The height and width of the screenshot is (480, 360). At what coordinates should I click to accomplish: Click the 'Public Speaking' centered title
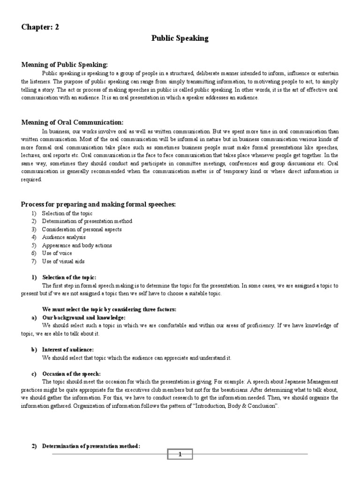180,38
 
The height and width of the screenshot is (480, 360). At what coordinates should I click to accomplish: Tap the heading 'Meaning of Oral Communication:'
72,122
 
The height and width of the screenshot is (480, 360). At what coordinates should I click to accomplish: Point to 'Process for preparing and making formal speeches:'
98,204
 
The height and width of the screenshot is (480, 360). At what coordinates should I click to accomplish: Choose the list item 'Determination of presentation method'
87,221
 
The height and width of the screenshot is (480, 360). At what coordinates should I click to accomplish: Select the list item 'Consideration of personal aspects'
82,229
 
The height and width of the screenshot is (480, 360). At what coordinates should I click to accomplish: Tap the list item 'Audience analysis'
64,237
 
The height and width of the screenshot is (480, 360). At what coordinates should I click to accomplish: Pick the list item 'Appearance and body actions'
77,245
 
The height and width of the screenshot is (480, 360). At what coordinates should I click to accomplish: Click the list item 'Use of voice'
57,253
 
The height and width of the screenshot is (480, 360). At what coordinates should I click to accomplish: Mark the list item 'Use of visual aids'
63,261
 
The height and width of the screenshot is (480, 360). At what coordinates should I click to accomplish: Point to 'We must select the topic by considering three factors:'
109,309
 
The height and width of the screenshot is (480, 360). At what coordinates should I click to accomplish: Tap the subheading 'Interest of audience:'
68,350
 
